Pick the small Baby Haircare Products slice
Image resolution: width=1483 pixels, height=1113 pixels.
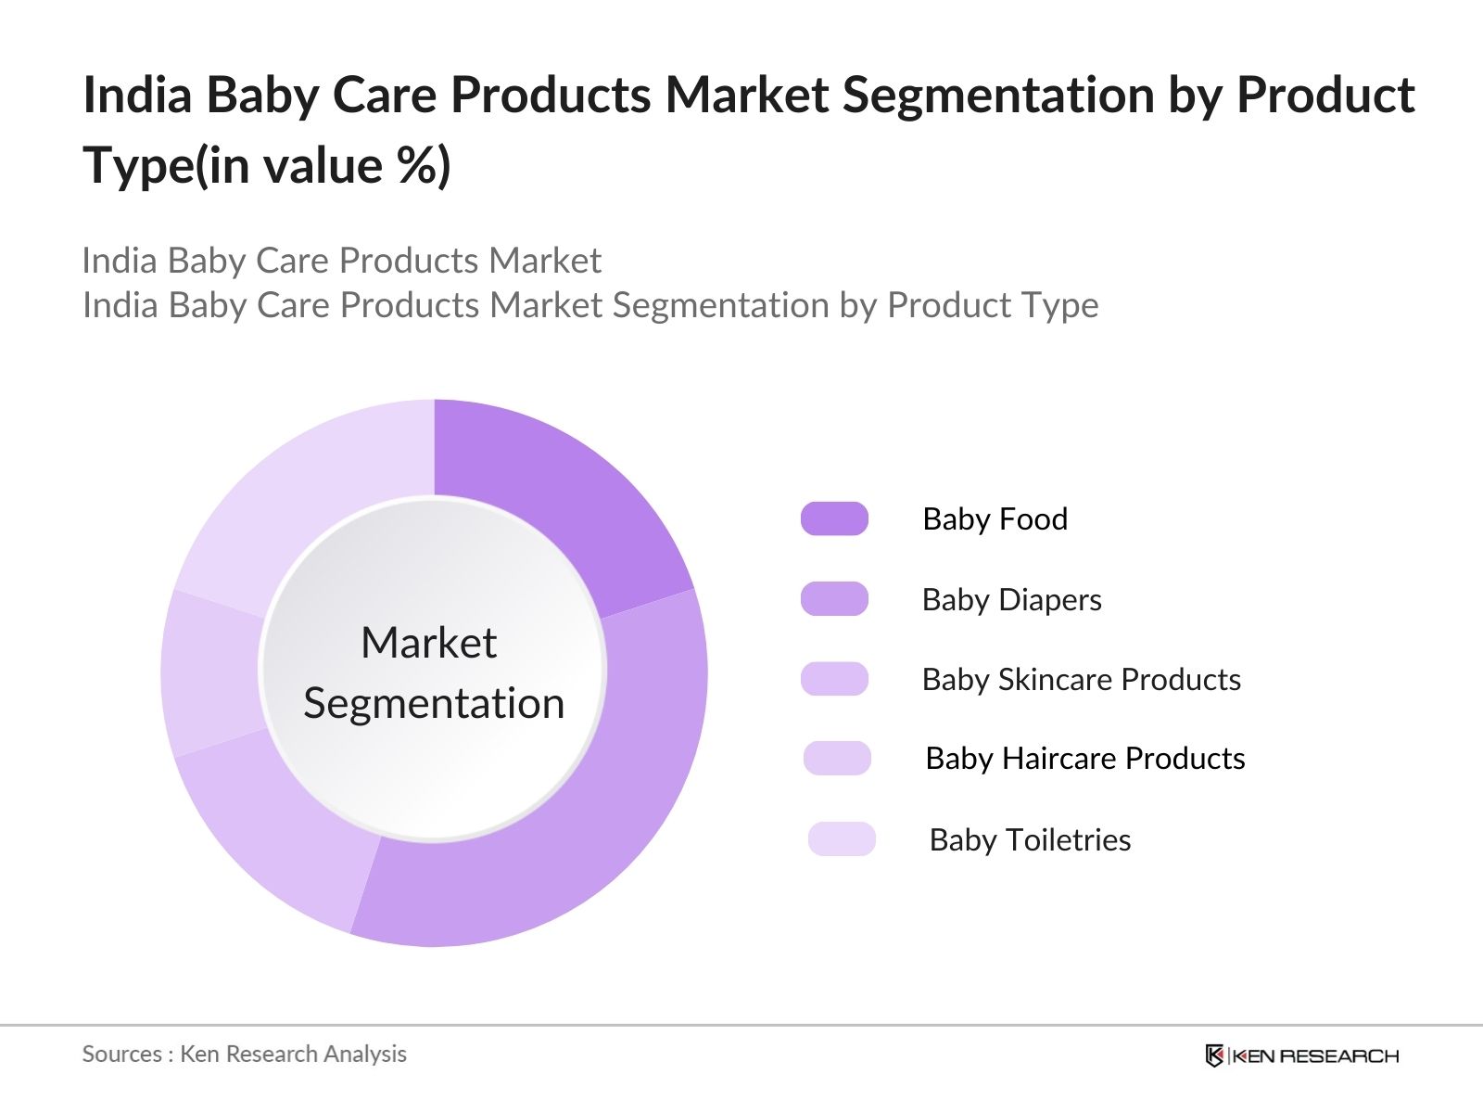(x=211, y=672)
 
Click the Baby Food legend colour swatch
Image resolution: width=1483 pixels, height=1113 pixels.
(x=834, y=518)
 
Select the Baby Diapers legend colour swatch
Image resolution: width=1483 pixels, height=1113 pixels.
(x=834, y=599)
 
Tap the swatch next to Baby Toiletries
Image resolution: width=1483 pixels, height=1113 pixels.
(x=842, y=838)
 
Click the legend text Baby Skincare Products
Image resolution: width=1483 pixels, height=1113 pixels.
(x=1081, y=680)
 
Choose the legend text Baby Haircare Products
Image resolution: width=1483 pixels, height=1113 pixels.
(x=1084, y=759)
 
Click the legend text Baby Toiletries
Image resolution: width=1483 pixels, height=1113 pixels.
(x=1030, y=839)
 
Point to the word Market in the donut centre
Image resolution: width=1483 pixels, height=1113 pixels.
(x=428, y=643)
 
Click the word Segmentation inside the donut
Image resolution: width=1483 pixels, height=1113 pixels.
(x=434, y=703)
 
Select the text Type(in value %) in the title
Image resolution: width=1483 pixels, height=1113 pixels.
(x=267, y=165)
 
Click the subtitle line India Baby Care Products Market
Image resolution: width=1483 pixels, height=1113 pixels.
(x=341, y=261)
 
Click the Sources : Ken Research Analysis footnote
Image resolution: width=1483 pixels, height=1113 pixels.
(x=244, y=1054)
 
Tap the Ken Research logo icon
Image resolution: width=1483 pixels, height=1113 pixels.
(x=1214, y=1055)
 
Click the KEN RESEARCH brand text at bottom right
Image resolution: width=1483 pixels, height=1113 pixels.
(x=1316, y=1055)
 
